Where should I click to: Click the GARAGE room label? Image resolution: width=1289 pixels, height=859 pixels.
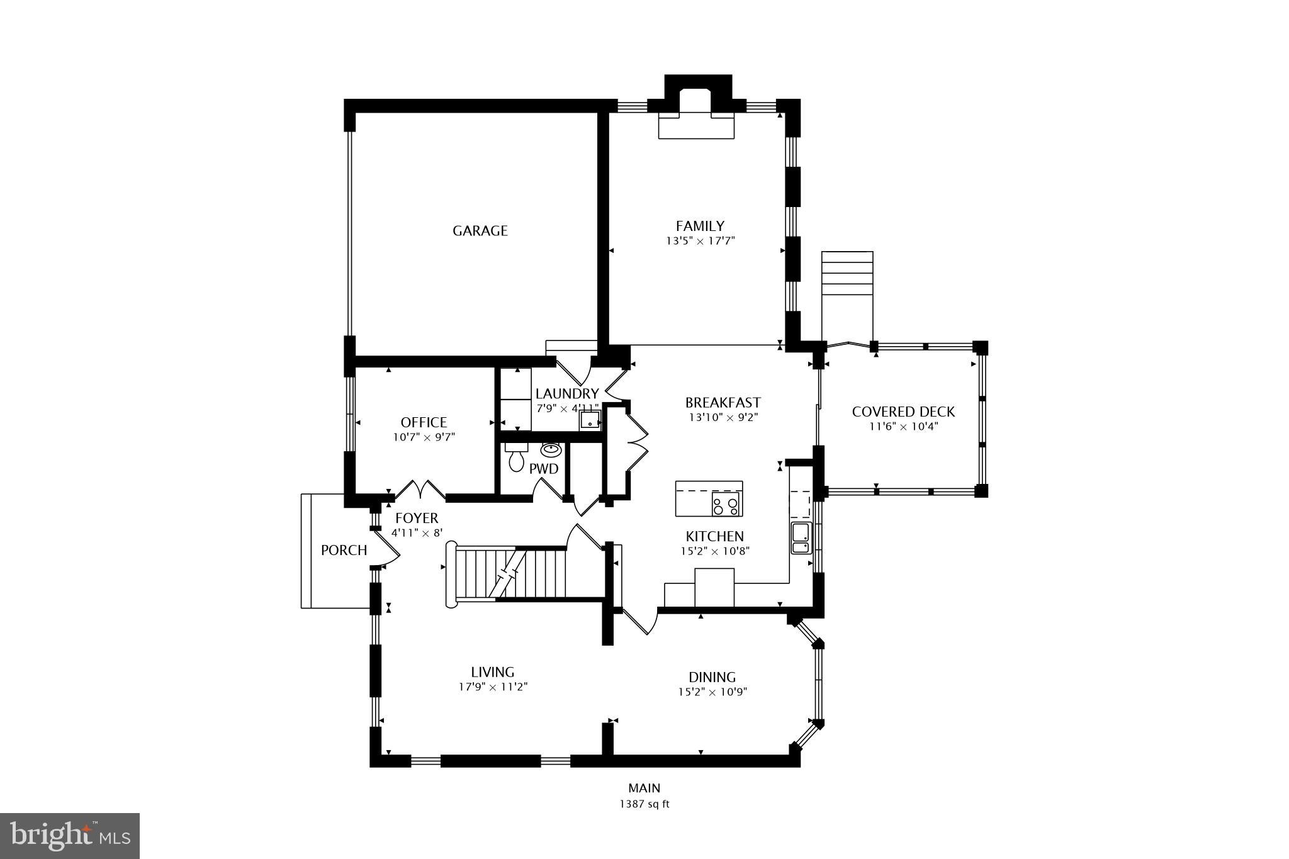pyautogui.click(x=480, y=231)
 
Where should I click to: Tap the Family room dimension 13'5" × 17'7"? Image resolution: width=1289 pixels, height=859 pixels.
pyautogui.click(x=701, y=240)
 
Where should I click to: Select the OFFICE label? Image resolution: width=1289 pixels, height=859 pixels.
pyautogui.click(x=424, y=422)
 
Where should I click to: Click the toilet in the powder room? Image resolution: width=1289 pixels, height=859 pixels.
pyautogui.click(x=516, y=459)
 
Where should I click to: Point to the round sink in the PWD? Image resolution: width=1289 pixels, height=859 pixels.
pyautogui.click(x=551, y=449)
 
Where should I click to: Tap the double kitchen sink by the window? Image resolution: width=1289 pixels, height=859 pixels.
pyautogui.click(x=801, y=538)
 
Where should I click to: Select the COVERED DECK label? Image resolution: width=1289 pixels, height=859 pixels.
pyautogui.click(x=903, y=412)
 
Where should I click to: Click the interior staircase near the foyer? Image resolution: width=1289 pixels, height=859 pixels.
pyautogui.click(x=510, y=574)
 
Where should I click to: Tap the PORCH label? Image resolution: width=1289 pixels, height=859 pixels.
pyautogui.click(x=344, y=551)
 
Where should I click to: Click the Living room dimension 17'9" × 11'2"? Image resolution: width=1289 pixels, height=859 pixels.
pyautogui.click(x=493, y=687)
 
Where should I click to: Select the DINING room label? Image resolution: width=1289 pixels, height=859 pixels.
pyautogui.click(x=712, y=677)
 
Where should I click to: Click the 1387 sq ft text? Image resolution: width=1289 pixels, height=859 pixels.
pyautogui.click(x=644, y=804)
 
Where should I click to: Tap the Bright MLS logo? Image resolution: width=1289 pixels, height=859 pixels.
pyautogui.click(x=70, y=835)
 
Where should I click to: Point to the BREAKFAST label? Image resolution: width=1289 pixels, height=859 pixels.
pyautogui.click(x=723, y=403)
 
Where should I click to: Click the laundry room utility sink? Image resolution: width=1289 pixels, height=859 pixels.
pyautogui.click(x=590, y=419)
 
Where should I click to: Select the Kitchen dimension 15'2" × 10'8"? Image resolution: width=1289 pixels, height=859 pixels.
pyautogui.click(x=714, y=551)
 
